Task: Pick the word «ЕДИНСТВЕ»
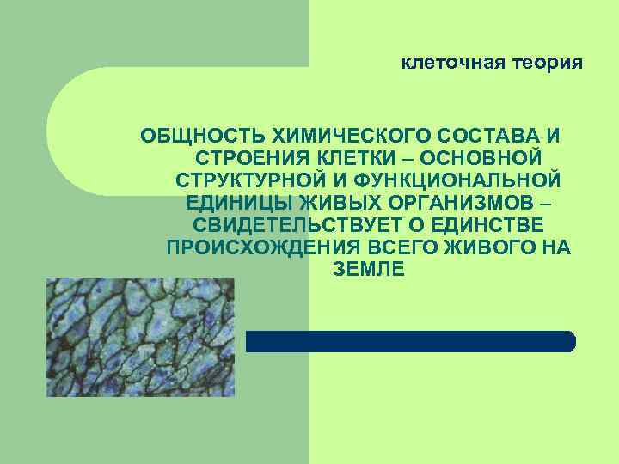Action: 487,226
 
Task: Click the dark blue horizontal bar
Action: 411,341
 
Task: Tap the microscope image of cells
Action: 140,337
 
